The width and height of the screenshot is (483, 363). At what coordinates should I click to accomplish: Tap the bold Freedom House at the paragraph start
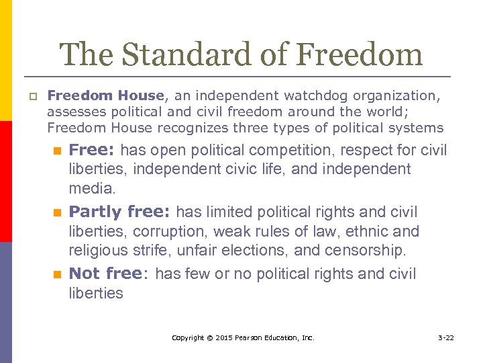pos(106,96)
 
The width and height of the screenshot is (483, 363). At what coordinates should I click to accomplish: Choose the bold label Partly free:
pos(121,212)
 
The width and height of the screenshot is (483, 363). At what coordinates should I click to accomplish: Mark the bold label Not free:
pos(109,274)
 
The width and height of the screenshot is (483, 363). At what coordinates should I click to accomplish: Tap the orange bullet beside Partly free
pos(58,213)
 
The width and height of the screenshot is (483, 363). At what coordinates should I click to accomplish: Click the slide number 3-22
pos(445,337)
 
